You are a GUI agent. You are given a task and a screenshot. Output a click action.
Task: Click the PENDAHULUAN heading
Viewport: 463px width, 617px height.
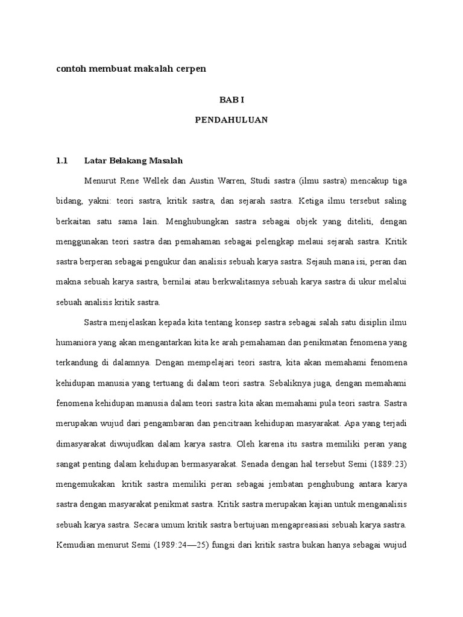231,120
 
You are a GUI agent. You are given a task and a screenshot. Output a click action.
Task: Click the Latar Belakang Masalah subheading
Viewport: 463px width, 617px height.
133,161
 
